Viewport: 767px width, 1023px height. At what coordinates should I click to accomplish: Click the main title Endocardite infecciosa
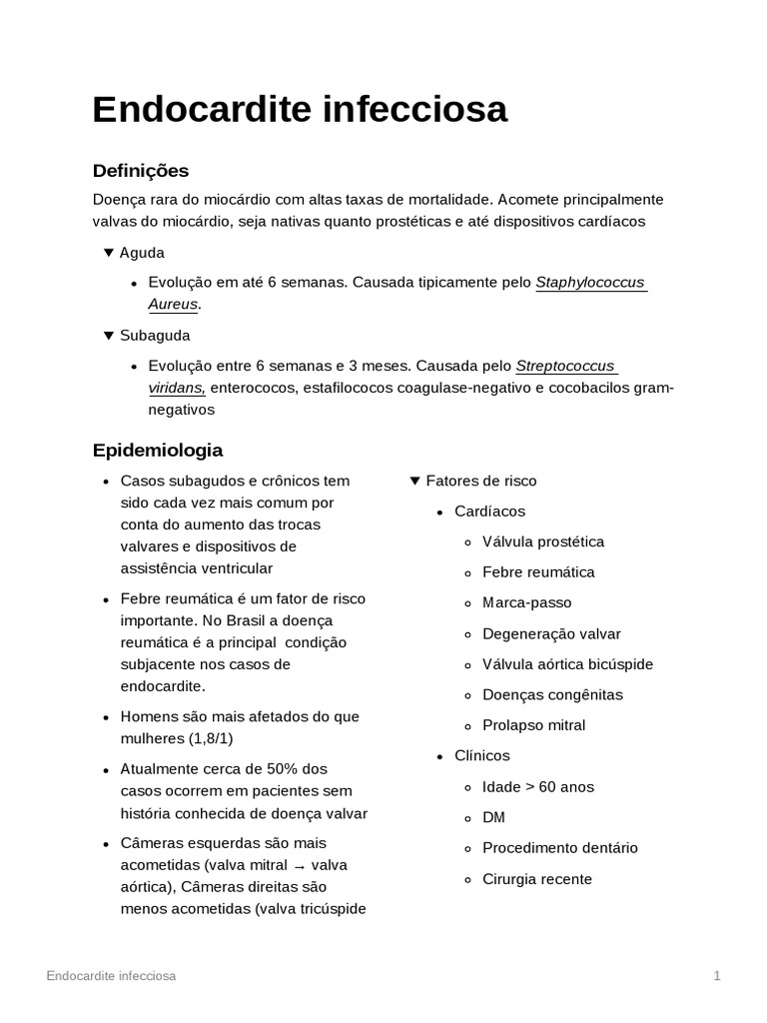click(x=300, y=110)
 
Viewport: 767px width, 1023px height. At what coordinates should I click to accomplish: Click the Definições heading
click(x=141, y=171)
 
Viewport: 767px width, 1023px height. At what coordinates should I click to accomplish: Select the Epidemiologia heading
click(x=158, y=450)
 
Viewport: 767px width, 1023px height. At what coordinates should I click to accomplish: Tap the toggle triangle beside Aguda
click(x=109, y=253)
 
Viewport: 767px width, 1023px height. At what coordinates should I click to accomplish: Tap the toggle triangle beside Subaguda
click(x=109, y=335)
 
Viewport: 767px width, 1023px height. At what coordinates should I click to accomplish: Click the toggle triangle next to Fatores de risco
click(x=415, y=482)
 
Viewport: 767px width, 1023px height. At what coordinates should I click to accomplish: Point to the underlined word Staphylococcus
click(x=590, y=283)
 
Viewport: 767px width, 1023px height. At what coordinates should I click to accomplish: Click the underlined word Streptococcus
click(x=565, y=365)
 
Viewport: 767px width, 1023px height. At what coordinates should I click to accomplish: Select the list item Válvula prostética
click(x=542, y=541)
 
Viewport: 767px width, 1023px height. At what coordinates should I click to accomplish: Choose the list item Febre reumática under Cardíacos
click(x=538, y=572)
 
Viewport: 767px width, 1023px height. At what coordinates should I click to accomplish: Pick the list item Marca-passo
click(x=526, y=602)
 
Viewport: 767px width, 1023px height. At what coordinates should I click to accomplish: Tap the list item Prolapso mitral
click(x=533, y=725)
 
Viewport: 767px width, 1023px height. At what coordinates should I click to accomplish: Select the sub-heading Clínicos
click(x=481, y=756)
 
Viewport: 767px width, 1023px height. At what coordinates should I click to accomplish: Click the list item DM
click(x=493, y=817)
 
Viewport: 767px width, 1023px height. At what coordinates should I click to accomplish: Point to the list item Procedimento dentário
click(x=559, y=848)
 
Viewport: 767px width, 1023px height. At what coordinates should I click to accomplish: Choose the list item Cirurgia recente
click(x=536, y=879)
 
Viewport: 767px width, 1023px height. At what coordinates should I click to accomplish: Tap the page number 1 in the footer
click(x=717, y=976)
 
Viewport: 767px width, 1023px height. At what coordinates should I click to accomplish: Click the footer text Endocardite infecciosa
click(x=111, y=976)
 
